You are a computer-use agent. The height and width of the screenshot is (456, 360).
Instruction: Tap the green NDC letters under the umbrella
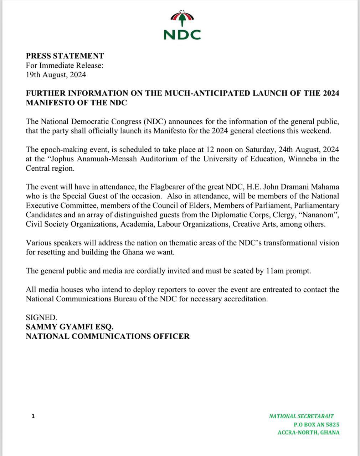pos(182,34)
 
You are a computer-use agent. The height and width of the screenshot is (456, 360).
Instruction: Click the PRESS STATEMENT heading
pos(65,56)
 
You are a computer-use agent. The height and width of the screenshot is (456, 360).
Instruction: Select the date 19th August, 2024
pos(56,75)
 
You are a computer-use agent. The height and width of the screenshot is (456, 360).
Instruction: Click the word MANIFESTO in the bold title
pos(51,103)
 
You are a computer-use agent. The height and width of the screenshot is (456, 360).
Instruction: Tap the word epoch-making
pos(61,150)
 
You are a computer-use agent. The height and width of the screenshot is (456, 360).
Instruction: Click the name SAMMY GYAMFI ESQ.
pos(70,327)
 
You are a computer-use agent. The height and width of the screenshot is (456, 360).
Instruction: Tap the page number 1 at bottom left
pos(33,416)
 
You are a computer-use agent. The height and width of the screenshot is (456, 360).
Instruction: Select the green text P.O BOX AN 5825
pos(316,425)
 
